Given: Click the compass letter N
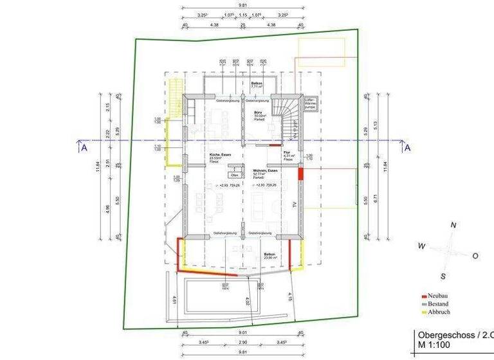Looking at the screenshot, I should click(x=453, y=225).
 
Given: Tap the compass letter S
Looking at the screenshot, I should click(x=443, y=276).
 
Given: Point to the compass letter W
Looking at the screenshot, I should click(x=421, y=246).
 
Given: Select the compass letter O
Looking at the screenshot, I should click(x=475, y=255).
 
